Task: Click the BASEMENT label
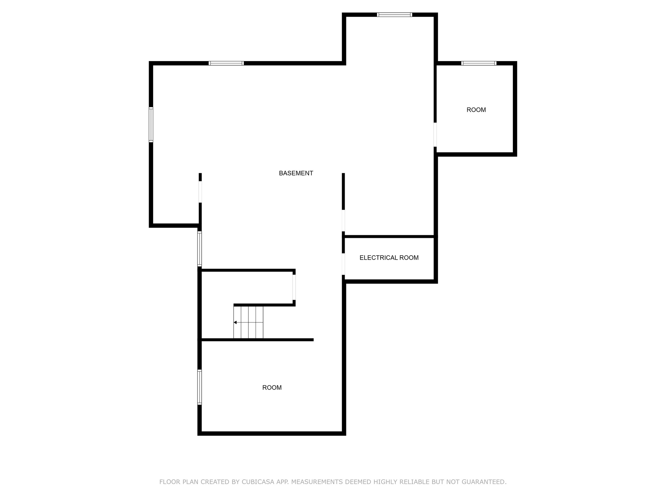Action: click(x=296, y=173)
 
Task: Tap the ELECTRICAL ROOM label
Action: click(x=389, y=258)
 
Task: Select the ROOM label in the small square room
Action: click(x=476, y=110)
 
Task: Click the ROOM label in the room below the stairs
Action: click(x=272, y=388)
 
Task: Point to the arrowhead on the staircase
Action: click(x=235, y=322)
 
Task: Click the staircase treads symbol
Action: click(x=248, y=322)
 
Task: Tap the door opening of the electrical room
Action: click(x=343, y=264)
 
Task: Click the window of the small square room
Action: click(x=479, y=63)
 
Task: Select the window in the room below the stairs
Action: click(x=200, y=387)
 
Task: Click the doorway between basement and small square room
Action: click(x=435, y=134)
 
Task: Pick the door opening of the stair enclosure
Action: click(x=294, y=288)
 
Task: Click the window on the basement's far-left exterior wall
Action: click(x=151, y=124)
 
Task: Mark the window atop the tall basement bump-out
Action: click(x=394, y=15)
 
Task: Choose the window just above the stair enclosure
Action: click(x=200, y=249)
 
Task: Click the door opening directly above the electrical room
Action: click(x=343, y=221)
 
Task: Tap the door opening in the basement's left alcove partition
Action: click(x=200, y=192)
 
